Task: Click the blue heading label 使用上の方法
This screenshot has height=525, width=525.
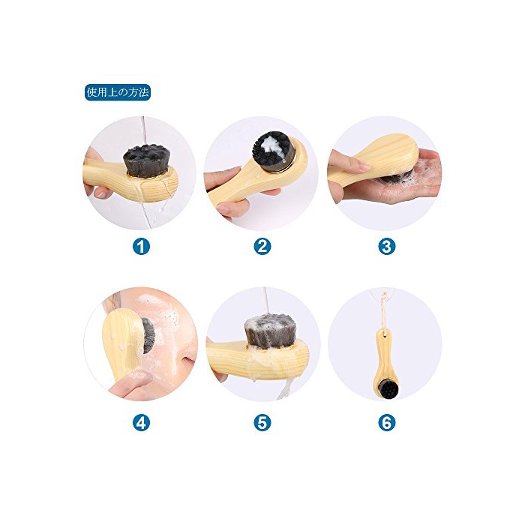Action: pos(118,92)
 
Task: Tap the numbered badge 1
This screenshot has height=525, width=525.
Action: pos(141,247)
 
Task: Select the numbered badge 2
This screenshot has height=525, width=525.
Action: pos(262,247)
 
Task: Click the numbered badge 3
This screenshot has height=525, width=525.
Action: pos(387,247)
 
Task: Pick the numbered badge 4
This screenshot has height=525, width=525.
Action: pos(141,422)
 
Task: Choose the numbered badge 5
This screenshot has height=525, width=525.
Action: pos(262,422)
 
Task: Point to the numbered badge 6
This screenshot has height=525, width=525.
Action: pos(387,422)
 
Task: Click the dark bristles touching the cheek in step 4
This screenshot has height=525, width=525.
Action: pos(148,335)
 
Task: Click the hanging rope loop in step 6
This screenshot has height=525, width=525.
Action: pos(382,311)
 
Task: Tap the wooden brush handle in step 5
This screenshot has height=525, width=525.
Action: pos(258,358)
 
